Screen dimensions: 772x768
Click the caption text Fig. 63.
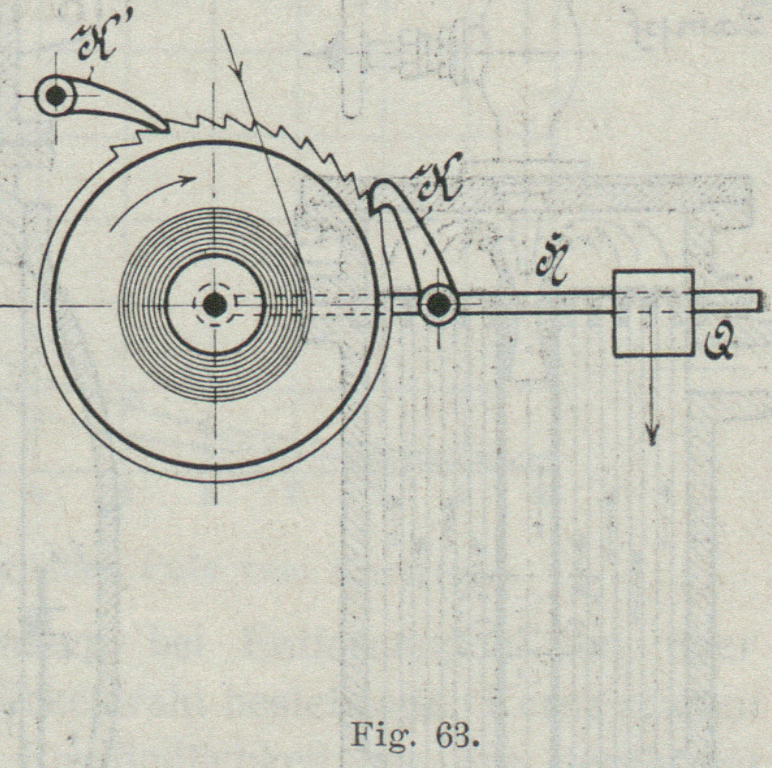point(414,735)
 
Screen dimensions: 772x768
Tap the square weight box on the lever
point(654,313)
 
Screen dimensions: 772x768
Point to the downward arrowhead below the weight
point(652,436)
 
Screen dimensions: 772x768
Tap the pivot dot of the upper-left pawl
point(56,96)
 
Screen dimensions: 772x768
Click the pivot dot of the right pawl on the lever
point(437,305)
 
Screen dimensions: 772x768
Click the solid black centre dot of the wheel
point(215,305)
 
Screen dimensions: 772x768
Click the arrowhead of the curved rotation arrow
point(189,180)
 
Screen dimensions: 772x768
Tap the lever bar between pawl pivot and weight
point(534,302)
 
